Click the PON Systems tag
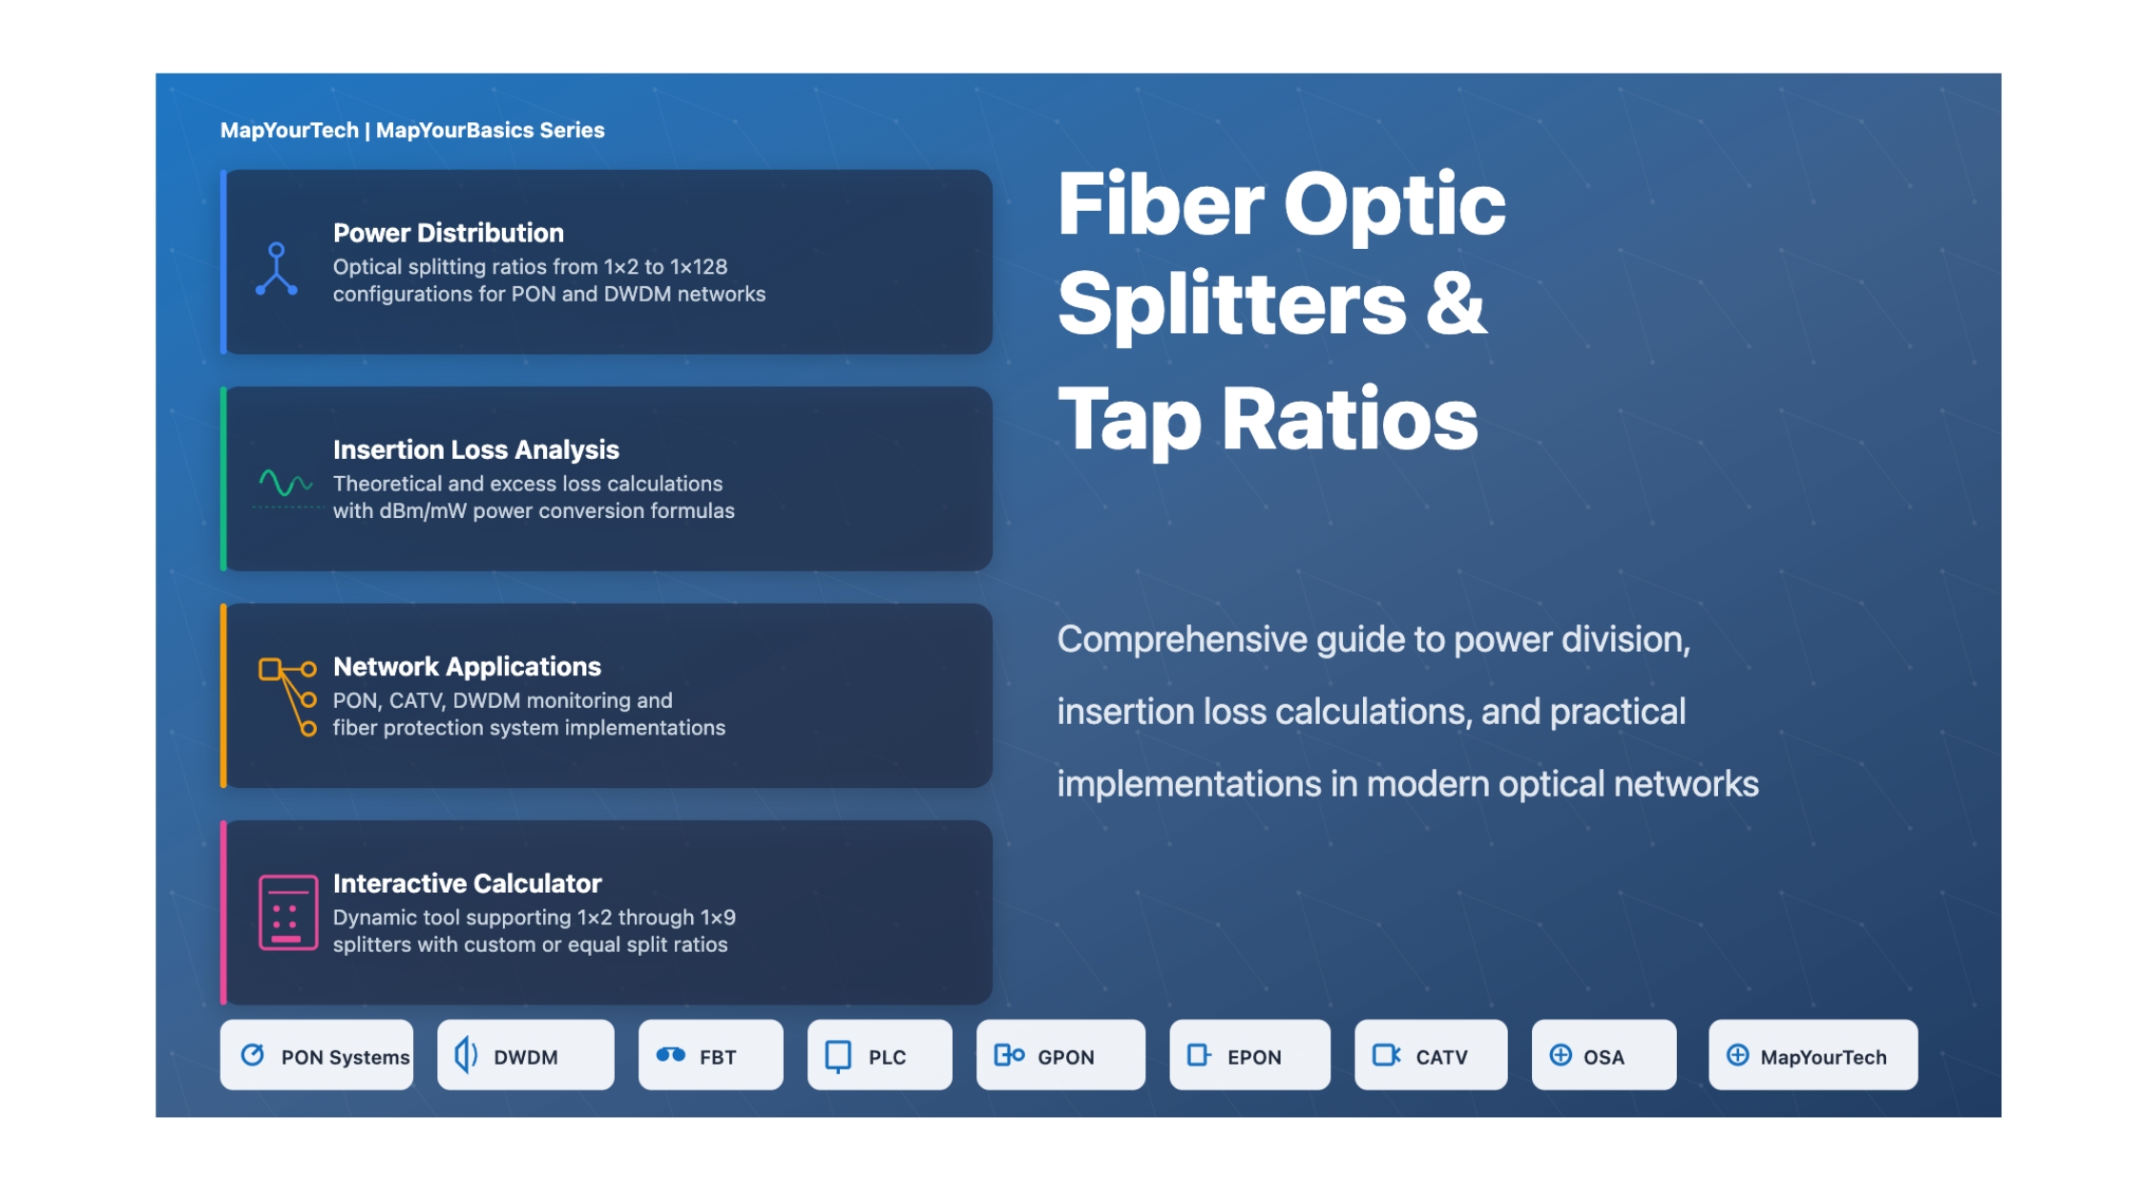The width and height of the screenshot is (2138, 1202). (x=316, y=1055)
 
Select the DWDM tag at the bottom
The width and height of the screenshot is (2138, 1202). (x=525, y=1055)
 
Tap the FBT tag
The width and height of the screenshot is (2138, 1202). (x=710, y=1055)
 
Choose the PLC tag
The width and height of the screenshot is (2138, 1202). (x=879, y=1055)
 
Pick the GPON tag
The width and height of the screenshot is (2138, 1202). (x=1060, y=1055)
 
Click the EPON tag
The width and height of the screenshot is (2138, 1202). (x=1249, y=1055)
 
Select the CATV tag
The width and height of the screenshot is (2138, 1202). (x=1431, y=1055)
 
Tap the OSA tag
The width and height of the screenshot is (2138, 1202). (x=1603, y=1055)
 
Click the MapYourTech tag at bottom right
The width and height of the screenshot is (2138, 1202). (x=1813, y=1055)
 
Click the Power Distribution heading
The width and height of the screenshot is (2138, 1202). (x=449, y=233)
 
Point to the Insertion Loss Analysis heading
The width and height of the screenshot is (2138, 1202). (x=475, y=449)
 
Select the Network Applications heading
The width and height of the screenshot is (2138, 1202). (x=467, y=666)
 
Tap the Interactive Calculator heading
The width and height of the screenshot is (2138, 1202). (x=467, y=883)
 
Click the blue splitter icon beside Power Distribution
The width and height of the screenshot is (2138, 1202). (x=277, y=269)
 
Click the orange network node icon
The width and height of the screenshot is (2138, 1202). (x=287, y=696)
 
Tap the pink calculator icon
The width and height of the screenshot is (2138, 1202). (x=287, y=913)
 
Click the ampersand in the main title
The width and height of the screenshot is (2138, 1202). (x=1456, y=303)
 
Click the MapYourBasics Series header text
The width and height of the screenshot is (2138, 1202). (x=490, y=130)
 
